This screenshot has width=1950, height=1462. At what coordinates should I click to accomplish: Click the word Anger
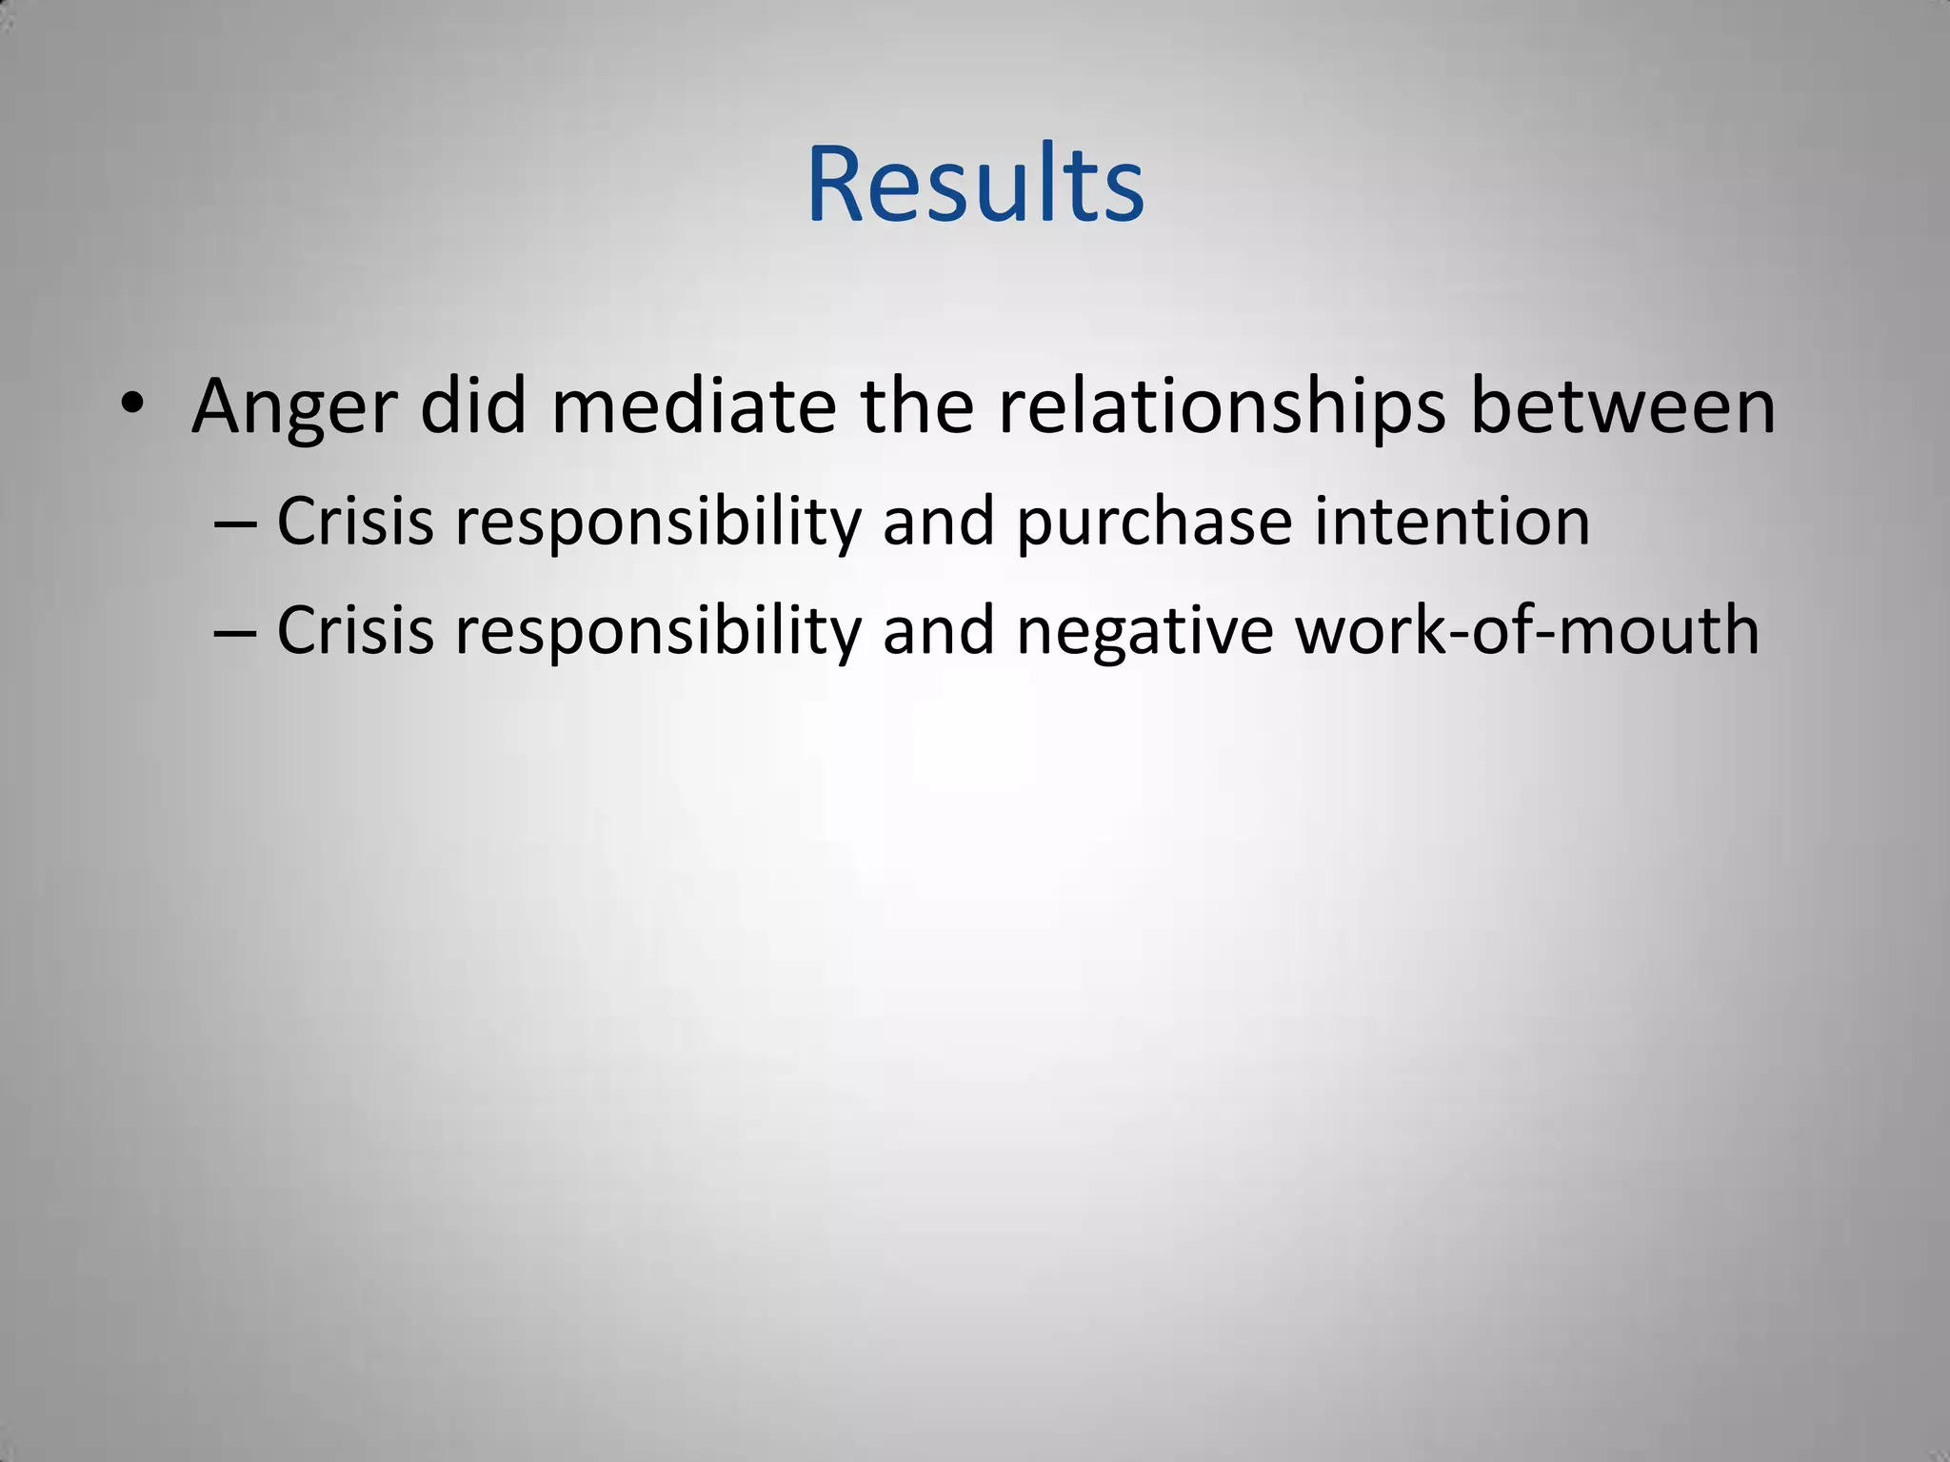[x=293, y=407]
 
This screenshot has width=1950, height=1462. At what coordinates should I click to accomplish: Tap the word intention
[x=1451, y=521]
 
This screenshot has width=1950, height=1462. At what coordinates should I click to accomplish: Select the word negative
[x=1144, y=632]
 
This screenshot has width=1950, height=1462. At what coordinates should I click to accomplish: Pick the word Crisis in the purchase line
[x=355, y=522]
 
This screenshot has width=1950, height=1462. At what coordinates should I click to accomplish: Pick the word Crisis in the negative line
[x=355, y=630]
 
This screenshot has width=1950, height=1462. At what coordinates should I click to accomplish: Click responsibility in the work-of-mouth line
[x=658, y=632]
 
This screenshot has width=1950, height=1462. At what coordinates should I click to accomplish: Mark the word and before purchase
[x=939, y=522]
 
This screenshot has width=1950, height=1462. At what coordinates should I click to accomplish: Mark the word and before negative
[x=939, y=630]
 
